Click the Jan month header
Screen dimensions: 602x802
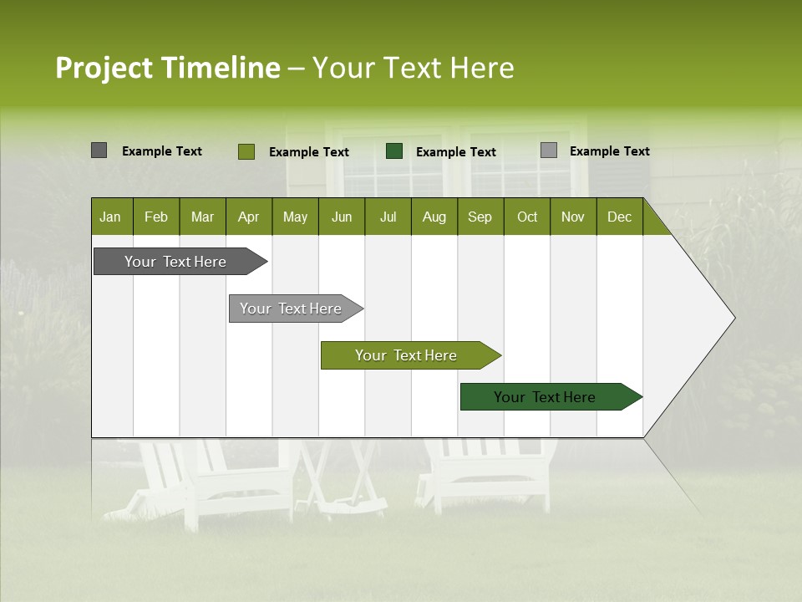tap(110, 217)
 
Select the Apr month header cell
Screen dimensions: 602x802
tap(248, 217)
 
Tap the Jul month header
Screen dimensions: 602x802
tap(388, 217)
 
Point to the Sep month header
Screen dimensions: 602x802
tap(480, 217)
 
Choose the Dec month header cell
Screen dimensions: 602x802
tap(619, 217)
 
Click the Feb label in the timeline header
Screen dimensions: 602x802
tap(156, 217)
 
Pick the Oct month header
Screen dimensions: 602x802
tap(527, 217)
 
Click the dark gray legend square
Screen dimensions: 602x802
tap(99, 150)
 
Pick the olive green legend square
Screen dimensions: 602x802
tap(246, 151)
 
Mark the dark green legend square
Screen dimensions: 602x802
tap(394, 151)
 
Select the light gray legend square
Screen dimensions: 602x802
tap(549, 150)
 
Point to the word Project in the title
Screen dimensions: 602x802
tap(104, 68)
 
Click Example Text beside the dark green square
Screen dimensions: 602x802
tap(456, 152)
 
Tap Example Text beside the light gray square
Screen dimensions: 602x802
tap(610, 151)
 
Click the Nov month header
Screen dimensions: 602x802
tap(573, 217)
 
